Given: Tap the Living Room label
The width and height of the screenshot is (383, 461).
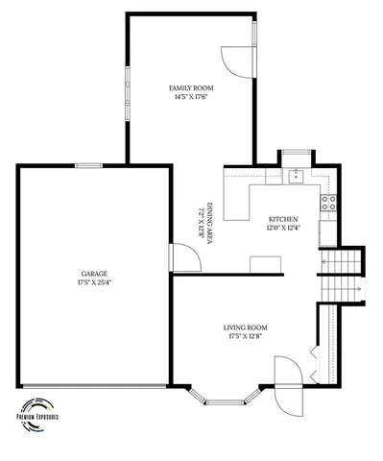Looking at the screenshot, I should point(246,328).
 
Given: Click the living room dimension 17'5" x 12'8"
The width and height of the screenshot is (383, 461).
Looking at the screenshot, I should point(246,337).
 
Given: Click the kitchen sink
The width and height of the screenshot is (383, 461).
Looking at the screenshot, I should point(297,175).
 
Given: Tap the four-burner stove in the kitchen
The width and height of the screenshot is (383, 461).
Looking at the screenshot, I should point(328,202).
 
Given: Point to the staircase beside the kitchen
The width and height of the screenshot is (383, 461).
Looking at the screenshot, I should point(343,274).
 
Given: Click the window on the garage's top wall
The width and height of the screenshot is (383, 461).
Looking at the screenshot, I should point(88,165).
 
